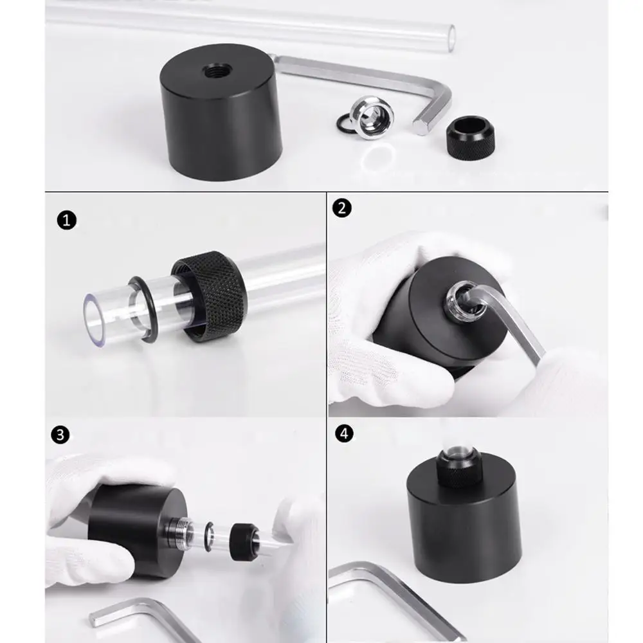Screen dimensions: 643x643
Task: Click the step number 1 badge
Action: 66,220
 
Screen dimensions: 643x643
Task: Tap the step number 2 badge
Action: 341,208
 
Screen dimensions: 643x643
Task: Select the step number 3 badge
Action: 60,435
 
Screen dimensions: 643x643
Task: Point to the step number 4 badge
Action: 344,433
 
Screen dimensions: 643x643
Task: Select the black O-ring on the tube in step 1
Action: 144,309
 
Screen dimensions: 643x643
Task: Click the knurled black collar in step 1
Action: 211,296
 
